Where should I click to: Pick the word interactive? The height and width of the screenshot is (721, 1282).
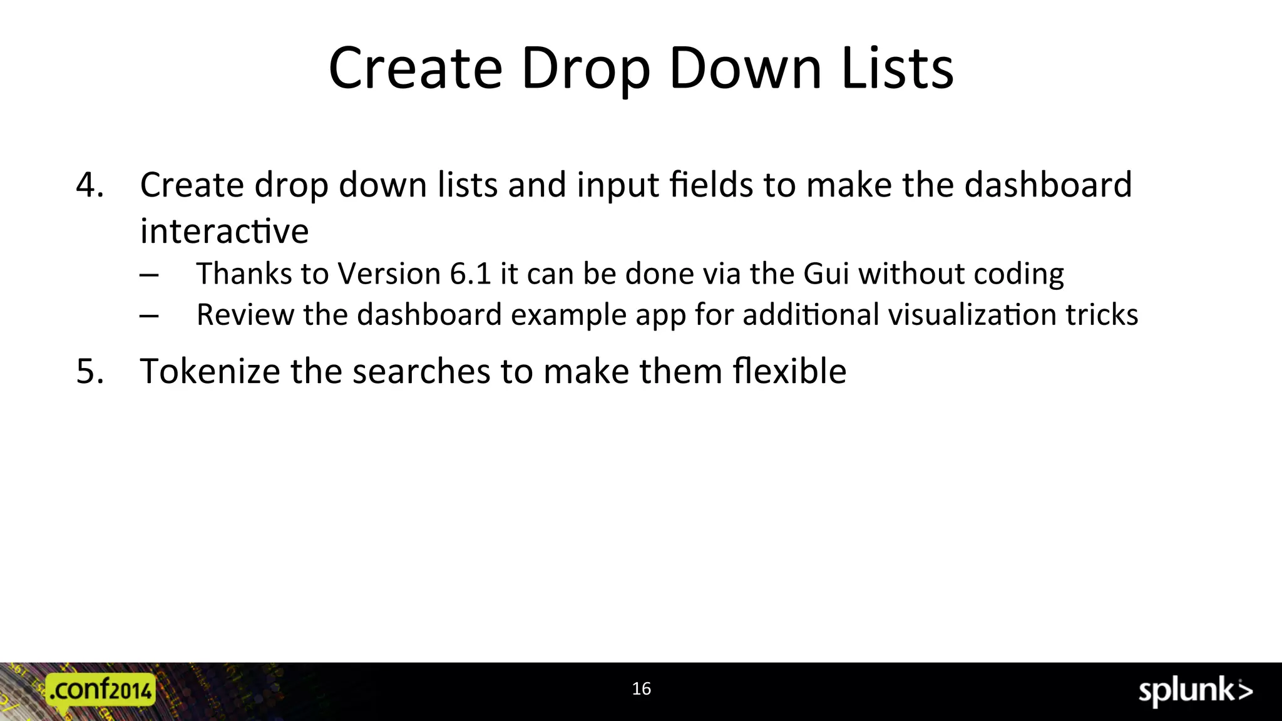(x=224, y=231)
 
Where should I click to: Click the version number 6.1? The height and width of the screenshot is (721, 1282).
(x=470, y=274)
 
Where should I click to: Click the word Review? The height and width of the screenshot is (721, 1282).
(x=245, y=314)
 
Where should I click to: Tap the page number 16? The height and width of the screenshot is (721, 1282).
(x=641, y=689)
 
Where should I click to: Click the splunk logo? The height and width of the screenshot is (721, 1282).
(x=1195, y=692)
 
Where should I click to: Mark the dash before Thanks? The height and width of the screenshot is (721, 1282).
(x=149, y=275)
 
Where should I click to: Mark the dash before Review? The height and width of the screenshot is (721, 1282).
(x=149, y=316)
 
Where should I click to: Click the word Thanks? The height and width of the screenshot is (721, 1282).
(x=244, y=274)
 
